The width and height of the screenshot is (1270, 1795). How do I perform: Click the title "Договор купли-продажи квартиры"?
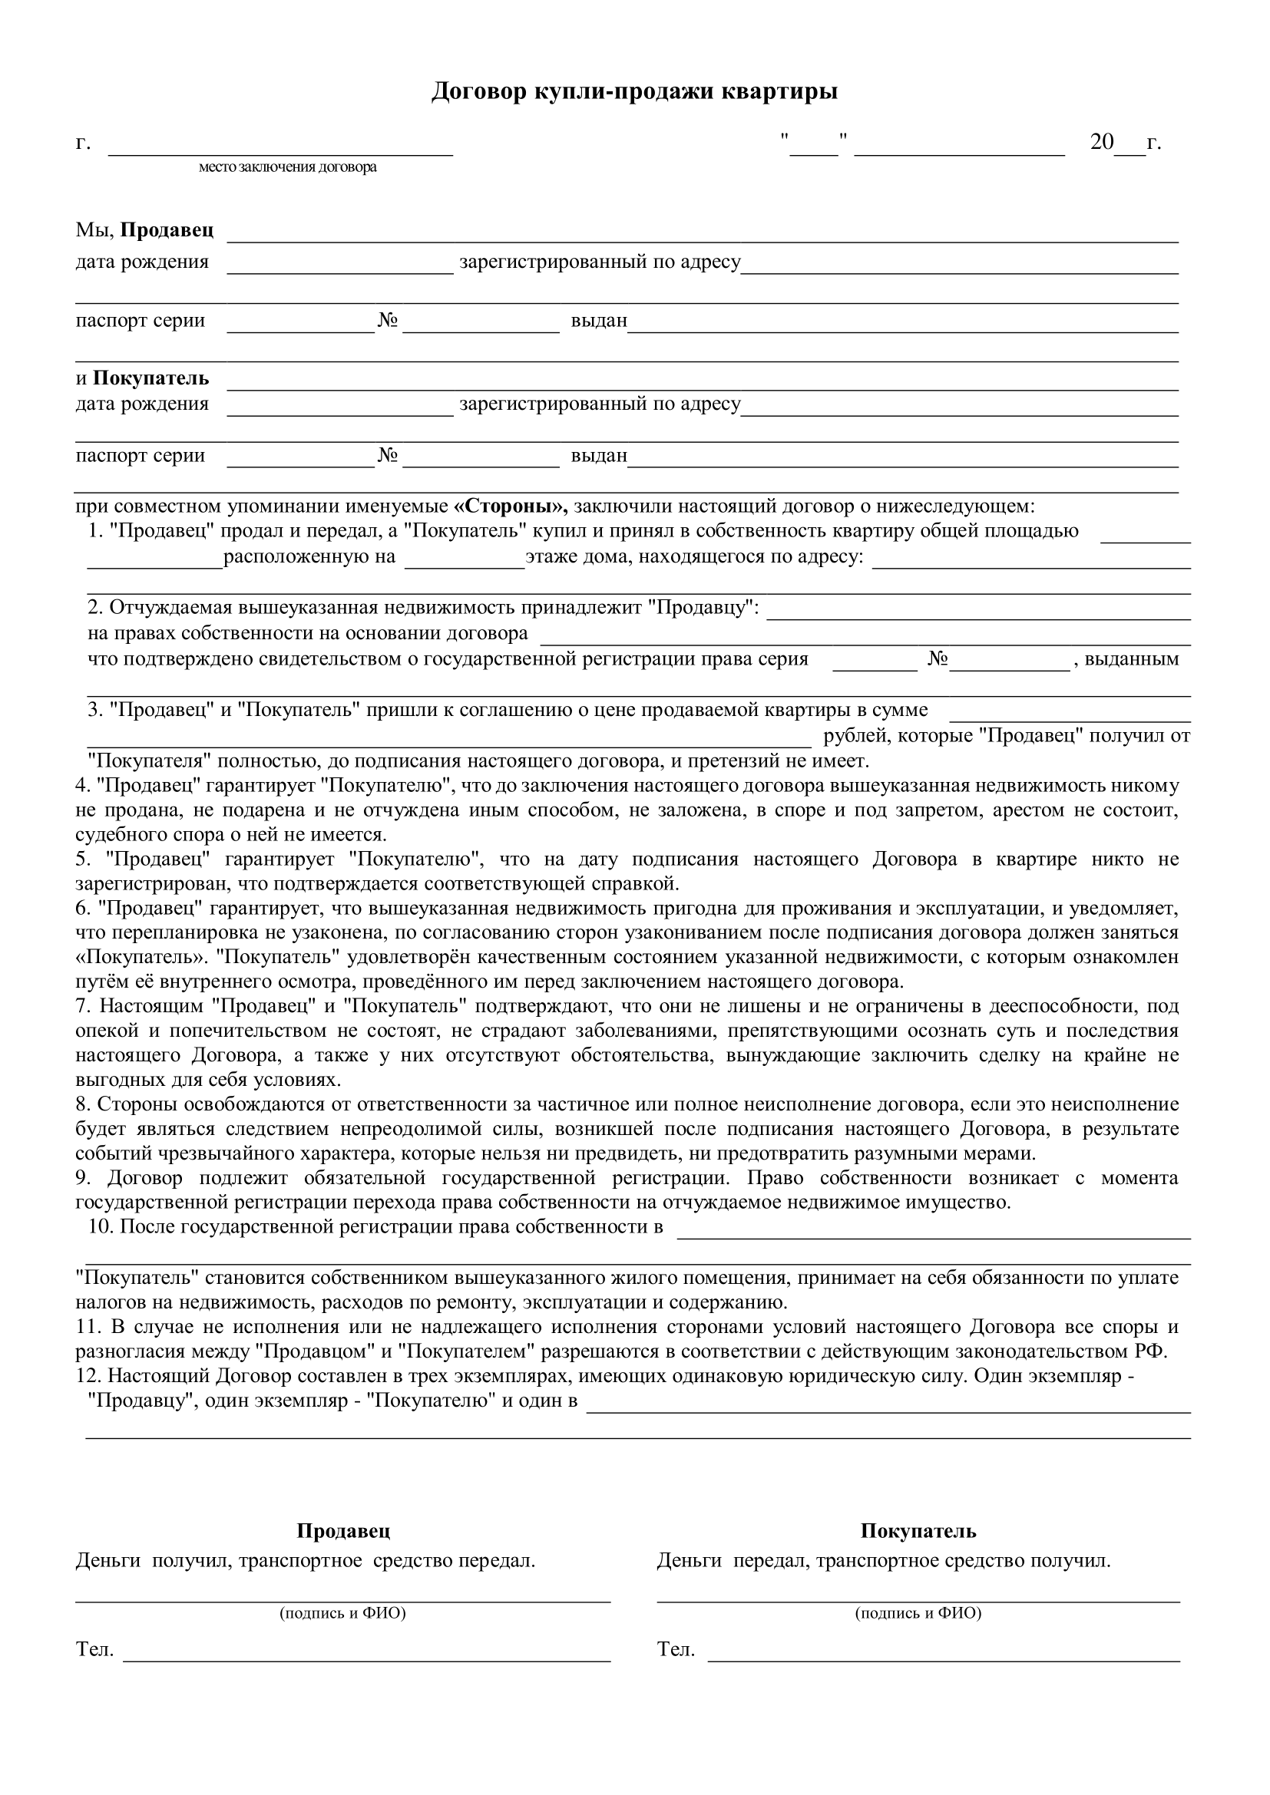(634, 91)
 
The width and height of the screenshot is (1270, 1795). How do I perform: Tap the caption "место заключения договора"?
(287, 167)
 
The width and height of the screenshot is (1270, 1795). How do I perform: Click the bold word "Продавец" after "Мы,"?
(167, 231)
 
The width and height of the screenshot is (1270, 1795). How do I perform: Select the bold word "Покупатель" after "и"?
(151, 378)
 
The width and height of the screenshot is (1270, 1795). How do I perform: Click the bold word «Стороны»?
(511, 506)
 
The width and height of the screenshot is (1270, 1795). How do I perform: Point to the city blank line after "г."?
(280, 149)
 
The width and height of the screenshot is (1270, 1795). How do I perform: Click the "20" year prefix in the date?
(1102, 142)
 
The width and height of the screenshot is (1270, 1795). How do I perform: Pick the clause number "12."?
(88, 1376)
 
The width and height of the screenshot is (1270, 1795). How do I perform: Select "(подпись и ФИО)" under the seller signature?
(342, 1612)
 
